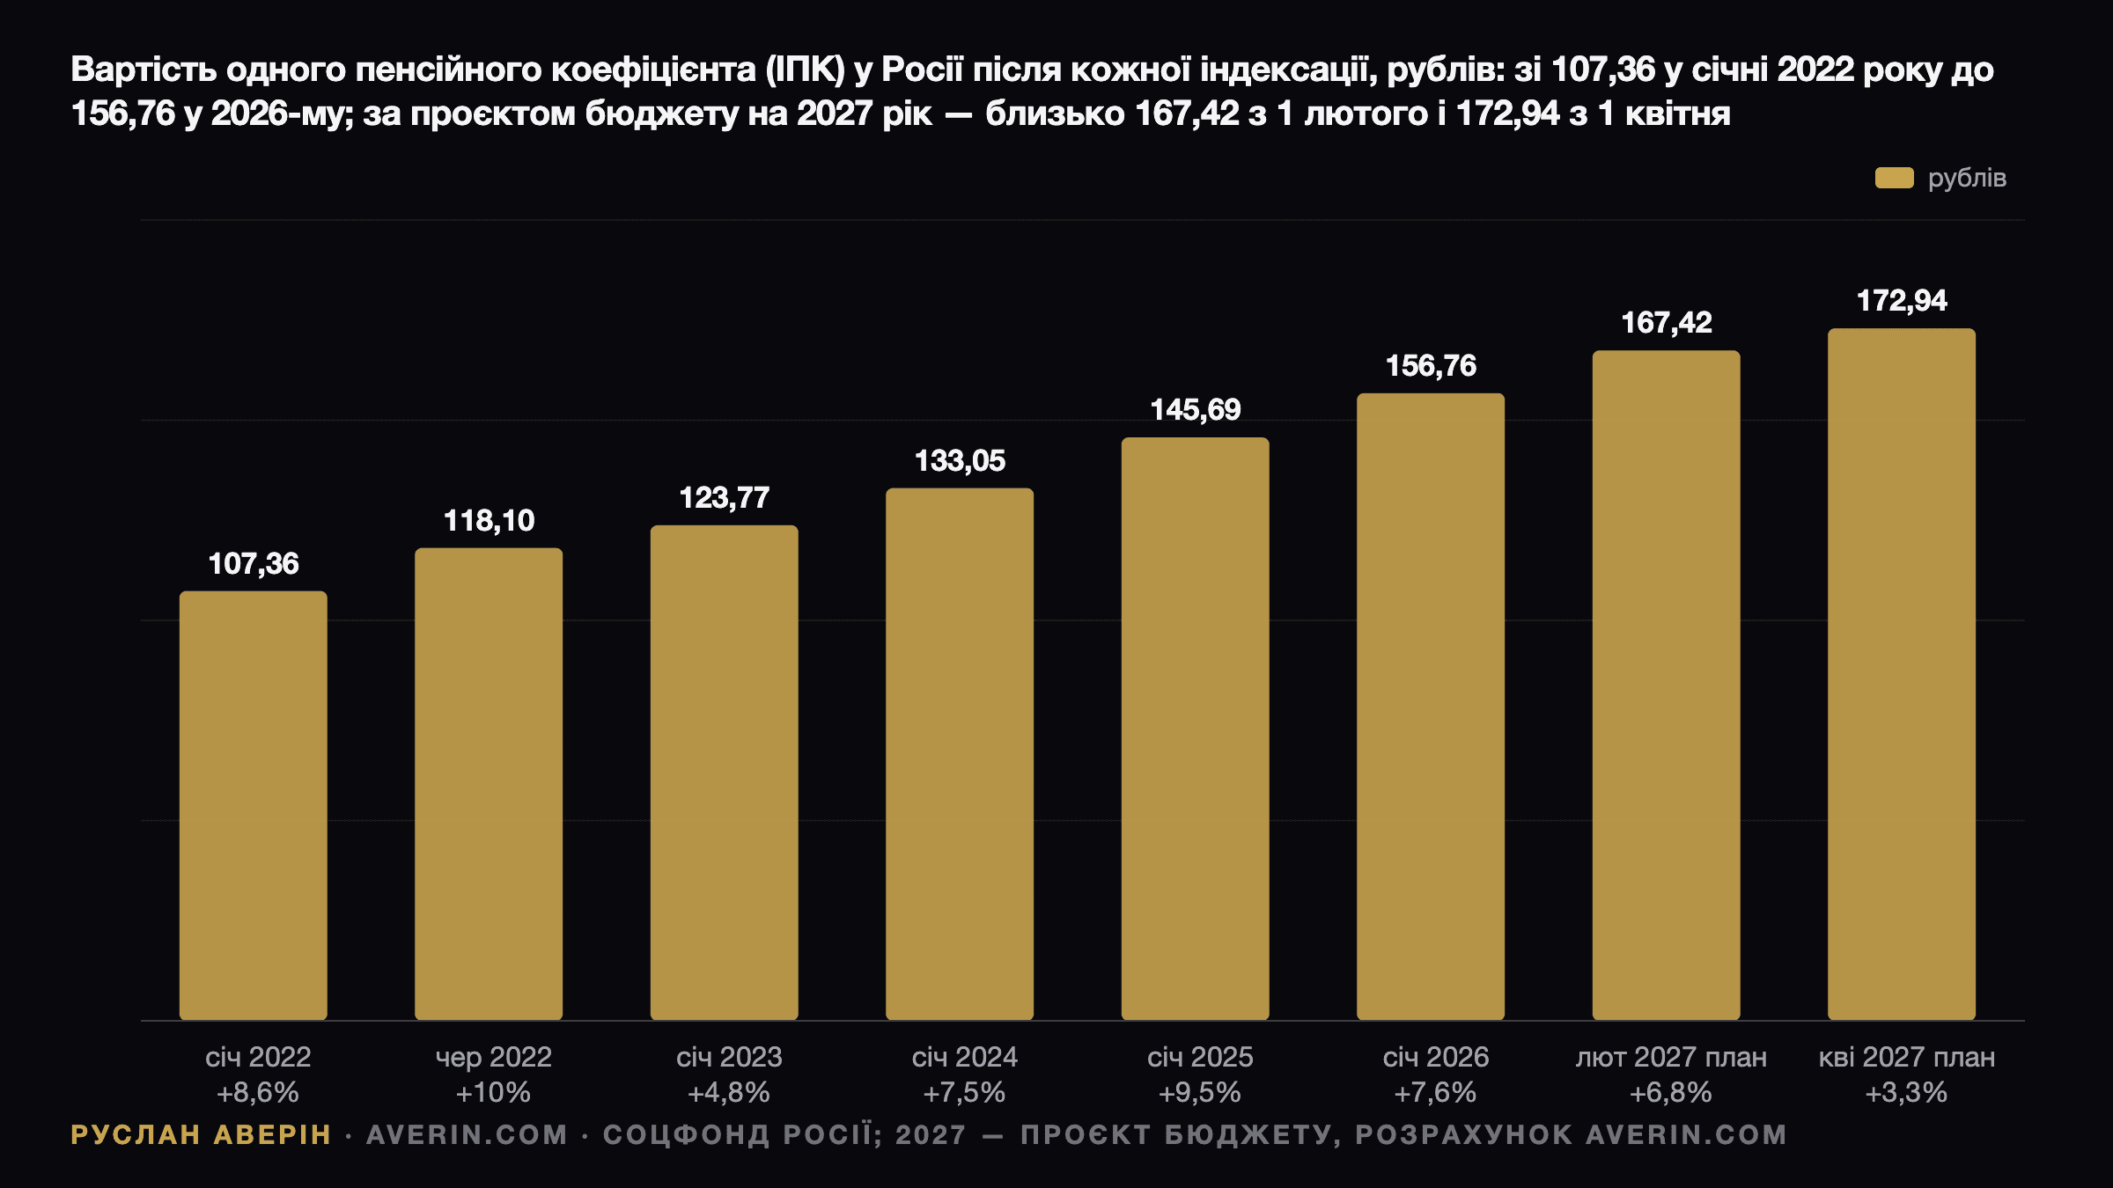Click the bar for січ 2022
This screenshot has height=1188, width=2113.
coord(254,805)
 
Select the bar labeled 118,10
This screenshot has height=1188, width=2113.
coord(489,784)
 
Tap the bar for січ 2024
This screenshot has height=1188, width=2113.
coord(960,754)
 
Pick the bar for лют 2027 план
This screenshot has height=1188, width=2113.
coord(1667,686)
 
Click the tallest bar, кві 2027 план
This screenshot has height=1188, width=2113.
coord(1902,674)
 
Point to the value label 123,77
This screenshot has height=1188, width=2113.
coord(725,498)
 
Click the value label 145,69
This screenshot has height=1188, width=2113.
coord(1196,409)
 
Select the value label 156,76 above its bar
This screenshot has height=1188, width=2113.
coord(1431,366)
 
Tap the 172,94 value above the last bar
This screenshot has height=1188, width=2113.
coord(1902,301)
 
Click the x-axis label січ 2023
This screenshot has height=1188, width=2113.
coord(729,1057)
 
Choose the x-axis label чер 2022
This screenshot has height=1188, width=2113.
coord(494,1057)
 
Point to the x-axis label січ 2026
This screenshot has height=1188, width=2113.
coord(1436,1057)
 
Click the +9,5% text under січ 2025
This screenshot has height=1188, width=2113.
coord(1200,1093)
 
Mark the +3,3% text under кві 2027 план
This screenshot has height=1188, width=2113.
coord(1906,1093)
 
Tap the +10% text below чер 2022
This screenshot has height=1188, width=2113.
coord(493,1093)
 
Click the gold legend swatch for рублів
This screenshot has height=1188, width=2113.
coord(1895,178)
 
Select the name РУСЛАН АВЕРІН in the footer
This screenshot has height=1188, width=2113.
coord(201,1135)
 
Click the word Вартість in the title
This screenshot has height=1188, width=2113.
coord(144,70)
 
